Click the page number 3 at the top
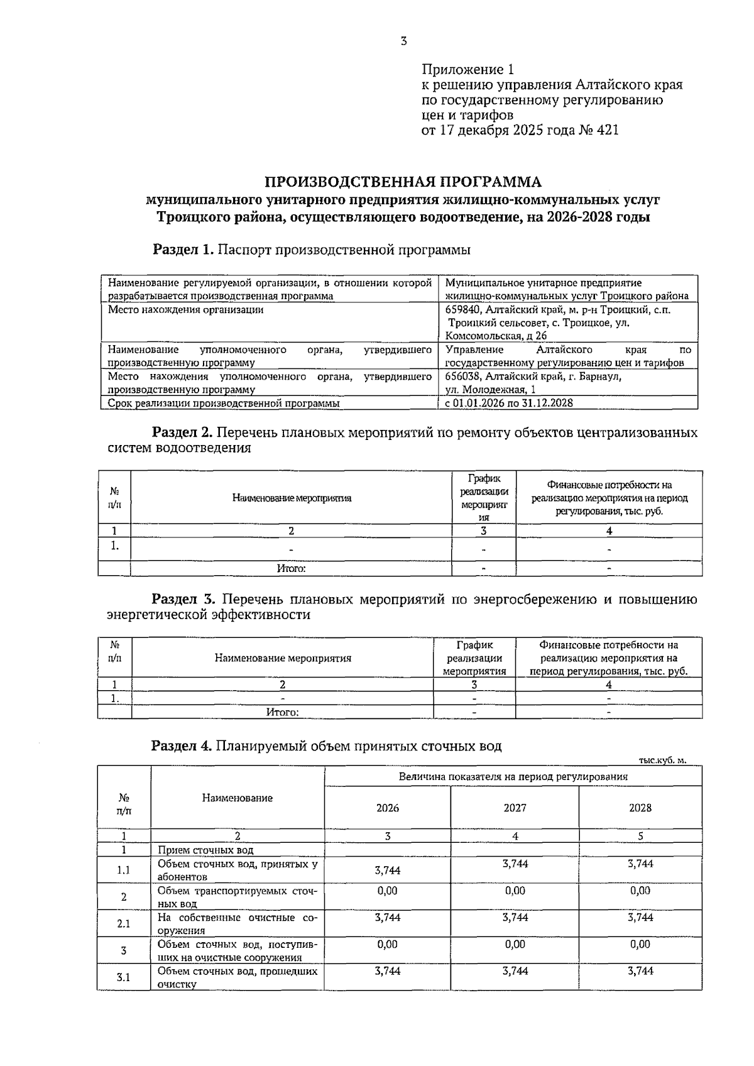click(x=403, y=41)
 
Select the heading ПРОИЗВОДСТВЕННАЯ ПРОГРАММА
click(x=403, y=182)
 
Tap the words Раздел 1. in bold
click(x=183, y=250)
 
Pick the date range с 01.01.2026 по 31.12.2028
click(x=509, y=403)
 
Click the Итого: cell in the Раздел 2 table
click(x=291, y=569)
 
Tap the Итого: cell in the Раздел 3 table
click(x=282, y=712)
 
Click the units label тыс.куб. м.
click(x=662, y=760)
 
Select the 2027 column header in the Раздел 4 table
click(x=515, y=808)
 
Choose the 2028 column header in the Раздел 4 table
click(x=640, y=808)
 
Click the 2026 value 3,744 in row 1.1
click(x=387, y=870)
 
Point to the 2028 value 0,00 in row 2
click(x=640, y=891)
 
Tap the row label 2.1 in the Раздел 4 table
click(x=124, y=923)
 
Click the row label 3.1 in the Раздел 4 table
click(x=124, y=977)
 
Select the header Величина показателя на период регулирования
click(x=513, y=776)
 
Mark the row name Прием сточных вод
click(x=205, y=850)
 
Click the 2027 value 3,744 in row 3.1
click(x=515, y=971)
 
